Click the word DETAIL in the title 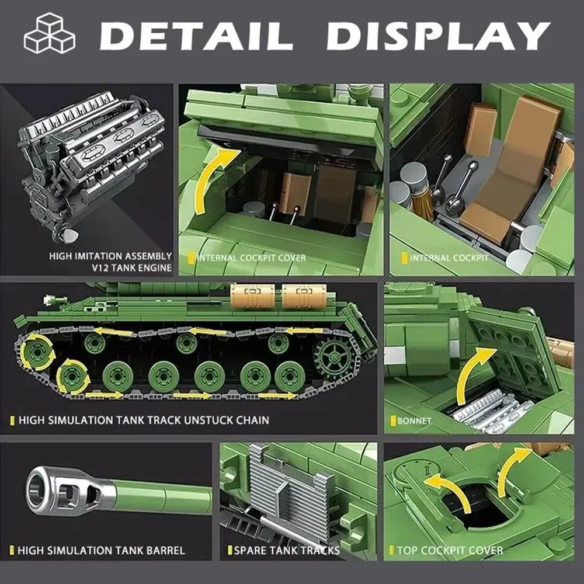coord(196,36)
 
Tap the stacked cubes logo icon coord(49,33)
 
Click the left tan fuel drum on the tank coord(252,297)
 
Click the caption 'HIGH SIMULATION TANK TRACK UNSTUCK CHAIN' coord(144,420)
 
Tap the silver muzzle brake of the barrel coord(64,491)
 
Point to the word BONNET coord(414,420)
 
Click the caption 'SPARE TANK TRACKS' coord(286,550)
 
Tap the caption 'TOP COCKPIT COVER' coord(450,550)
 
